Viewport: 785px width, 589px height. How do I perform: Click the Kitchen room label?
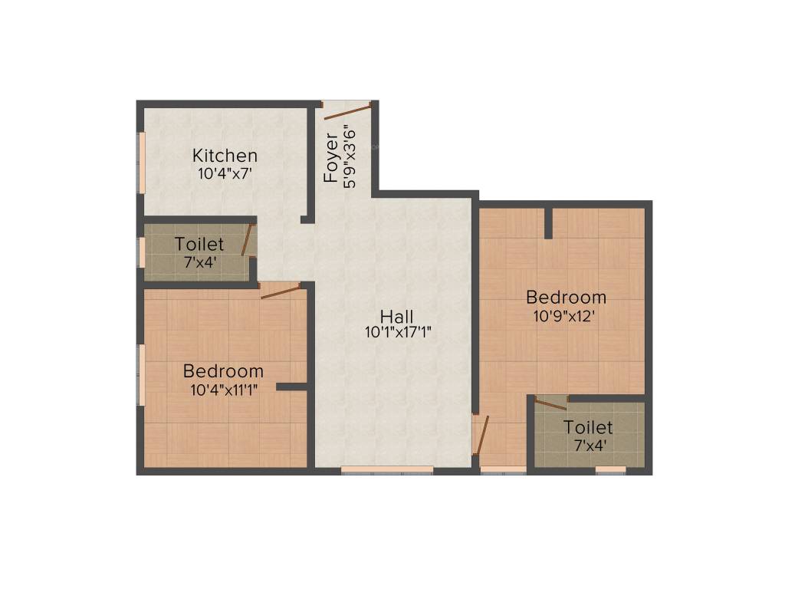225,156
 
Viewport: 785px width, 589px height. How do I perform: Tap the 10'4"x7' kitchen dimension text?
225,173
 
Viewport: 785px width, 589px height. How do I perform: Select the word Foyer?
331,158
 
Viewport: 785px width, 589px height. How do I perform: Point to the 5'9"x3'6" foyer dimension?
350,156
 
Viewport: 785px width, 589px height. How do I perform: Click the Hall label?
397,316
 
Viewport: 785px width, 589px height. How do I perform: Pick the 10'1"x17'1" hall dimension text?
399,333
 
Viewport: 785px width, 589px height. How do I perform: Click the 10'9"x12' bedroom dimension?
565,314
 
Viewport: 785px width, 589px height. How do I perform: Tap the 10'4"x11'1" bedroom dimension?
224,389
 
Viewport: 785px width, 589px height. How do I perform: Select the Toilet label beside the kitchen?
199,245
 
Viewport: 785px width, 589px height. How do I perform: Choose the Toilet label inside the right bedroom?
588,427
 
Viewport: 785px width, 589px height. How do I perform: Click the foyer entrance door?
347,112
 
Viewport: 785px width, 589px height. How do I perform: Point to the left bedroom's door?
281,291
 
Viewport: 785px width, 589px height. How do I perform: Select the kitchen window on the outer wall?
141,160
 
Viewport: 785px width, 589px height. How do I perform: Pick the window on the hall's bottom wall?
387,469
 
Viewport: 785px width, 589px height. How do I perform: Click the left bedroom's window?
141,374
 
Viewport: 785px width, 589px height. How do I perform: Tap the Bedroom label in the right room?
566,297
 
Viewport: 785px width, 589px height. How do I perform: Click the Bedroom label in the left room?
223,371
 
